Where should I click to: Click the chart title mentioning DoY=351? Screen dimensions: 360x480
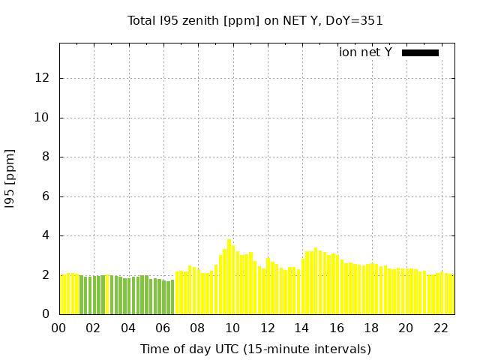255,21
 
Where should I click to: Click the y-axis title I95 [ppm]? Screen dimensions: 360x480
10,178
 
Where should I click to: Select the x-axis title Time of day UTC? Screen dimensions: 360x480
255,349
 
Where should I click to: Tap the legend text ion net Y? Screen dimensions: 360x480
365,52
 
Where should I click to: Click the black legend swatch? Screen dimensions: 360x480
420,52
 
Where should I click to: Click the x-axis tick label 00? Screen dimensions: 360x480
59,328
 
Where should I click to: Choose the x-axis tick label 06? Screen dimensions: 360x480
163,328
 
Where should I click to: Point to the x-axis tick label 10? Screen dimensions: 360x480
232,328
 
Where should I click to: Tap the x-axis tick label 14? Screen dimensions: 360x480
301,328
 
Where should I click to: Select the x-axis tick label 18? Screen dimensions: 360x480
371,328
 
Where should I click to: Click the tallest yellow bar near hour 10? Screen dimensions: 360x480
229,277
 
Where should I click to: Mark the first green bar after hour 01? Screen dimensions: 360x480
82,295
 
